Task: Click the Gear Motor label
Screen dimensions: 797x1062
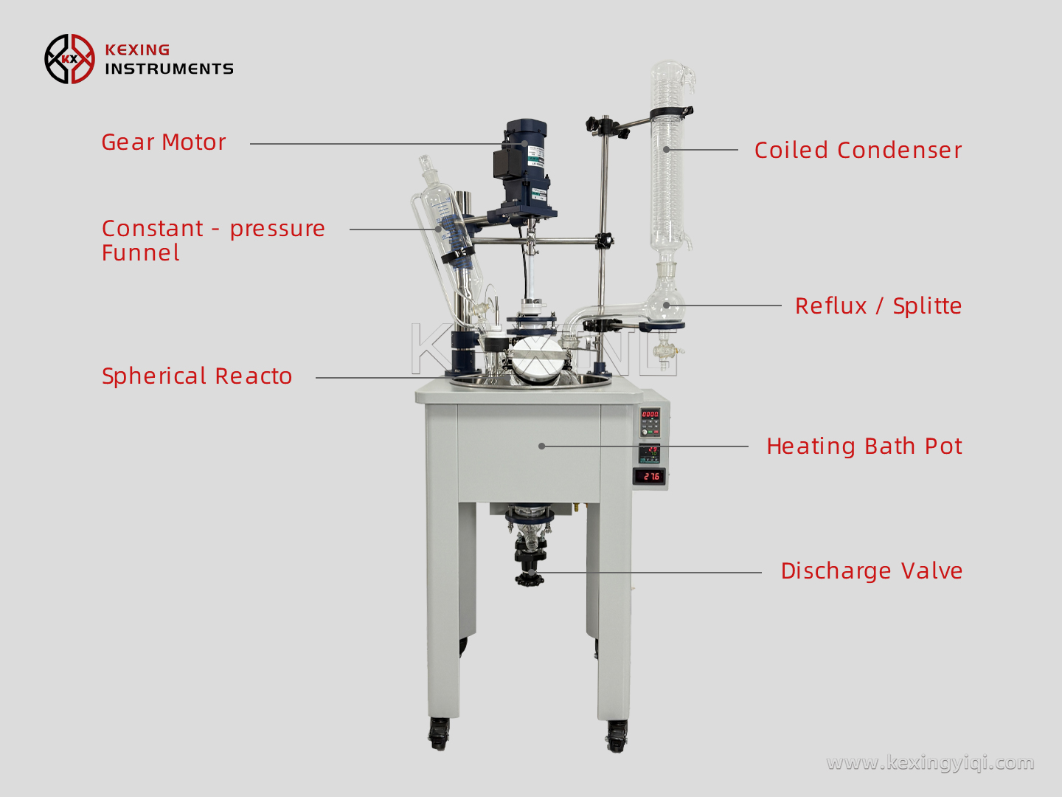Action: coord(163,142)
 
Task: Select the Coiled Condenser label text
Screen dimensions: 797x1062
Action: coord(858,150)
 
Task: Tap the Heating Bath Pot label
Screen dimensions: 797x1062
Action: coord(864,446)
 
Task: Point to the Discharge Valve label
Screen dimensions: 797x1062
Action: coord(871,570)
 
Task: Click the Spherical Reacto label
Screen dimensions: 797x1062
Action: coord(197,376)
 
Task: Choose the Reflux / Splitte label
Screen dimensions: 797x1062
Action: coord(878,306)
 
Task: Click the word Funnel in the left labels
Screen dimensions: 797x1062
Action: coord(141,253)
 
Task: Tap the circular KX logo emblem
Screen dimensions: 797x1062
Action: coord(69,59)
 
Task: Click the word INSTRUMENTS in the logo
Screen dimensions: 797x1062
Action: coord(169,69)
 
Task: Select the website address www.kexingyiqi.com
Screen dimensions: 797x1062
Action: coord(930,762)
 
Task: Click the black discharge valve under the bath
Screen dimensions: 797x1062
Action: coord(530,561)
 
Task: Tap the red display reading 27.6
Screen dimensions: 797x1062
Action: coord(650,477)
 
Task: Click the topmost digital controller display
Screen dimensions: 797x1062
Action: coord(650,415)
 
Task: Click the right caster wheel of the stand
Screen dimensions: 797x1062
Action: coord(617,735)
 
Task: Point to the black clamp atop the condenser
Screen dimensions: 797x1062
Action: coord(671,113)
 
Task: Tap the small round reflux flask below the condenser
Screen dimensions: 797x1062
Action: coord(665,303)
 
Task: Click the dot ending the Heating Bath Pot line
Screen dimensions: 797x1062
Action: coord(541,446)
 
